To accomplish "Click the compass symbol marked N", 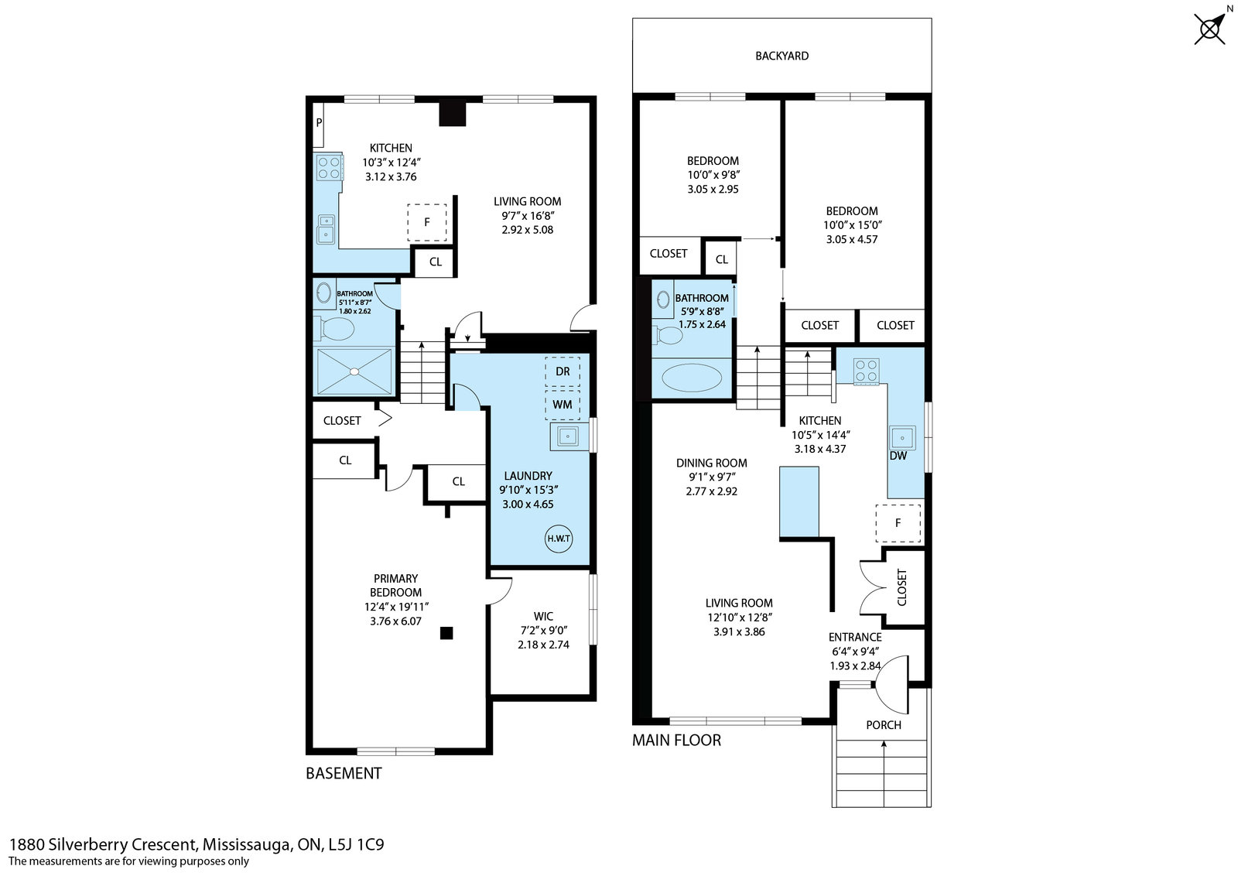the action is click(x=1210, y=28).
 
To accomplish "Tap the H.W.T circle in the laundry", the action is click(x=559, y=539).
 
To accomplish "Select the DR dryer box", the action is click(x=562, y=371).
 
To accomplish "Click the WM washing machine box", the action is click(x=562, y=405).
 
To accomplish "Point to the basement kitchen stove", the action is click(x=330, y=167).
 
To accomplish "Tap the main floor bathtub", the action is click(x=692, y=378).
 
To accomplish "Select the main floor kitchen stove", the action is click(x=866, y=371).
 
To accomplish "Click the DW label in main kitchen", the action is click(x=898, y=456).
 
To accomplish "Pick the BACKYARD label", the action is click(x=782, y=56).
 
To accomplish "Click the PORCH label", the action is click(x=883, y=725).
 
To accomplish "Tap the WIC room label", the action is click(x=543, y=616).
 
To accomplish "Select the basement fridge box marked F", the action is click(x=427, y=222).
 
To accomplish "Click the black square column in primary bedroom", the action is click(x=446, y=633).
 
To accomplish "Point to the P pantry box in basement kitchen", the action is click(x=318, y=125).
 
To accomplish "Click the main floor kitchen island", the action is click(x=799, y=501).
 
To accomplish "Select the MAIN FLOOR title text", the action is click(x=676, y=740).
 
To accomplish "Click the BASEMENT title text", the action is click(x=344, y=773).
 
